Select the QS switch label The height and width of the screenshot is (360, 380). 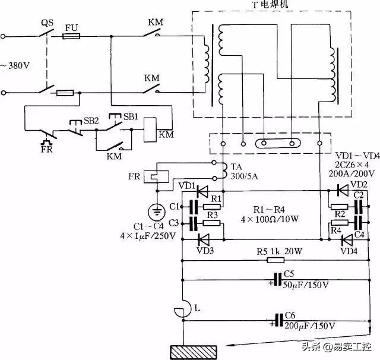48,24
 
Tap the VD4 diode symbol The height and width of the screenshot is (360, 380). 343,240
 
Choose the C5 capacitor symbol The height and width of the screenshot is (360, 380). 277,279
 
